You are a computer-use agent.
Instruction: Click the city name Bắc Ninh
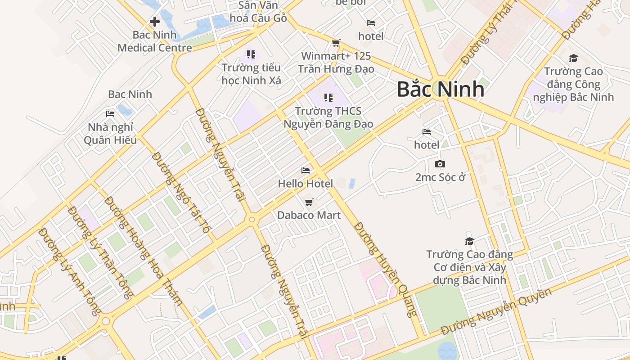(x=440, y=89)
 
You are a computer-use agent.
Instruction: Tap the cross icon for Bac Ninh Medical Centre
(x=154, y=21)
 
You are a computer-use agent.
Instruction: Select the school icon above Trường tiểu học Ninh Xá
(x=251, y=54)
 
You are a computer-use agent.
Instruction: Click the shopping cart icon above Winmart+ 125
(x=336, y=43)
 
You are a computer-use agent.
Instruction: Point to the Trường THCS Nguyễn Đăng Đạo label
(x=328, y=117)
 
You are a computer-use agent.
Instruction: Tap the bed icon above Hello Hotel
(x=306, y=171)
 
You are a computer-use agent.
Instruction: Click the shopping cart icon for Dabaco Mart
(x=309, y=202)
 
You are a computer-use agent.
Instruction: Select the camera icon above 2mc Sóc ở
(x=440, y=164)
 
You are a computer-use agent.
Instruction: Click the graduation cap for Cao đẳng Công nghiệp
(x=573, y=58)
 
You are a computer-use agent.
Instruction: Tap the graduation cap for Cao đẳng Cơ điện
(x=469, y=241)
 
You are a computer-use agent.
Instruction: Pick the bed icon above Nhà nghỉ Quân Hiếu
(x=110, y=114)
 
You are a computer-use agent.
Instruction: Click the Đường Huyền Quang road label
(x=386, y=269)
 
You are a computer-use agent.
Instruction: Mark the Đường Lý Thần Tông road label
(x=100, y=253)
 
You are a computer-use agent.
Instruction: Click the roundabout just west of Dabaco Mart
(x=252, y=220)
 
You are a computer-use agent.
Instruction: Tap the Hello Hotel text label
(x=306, y=184)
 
